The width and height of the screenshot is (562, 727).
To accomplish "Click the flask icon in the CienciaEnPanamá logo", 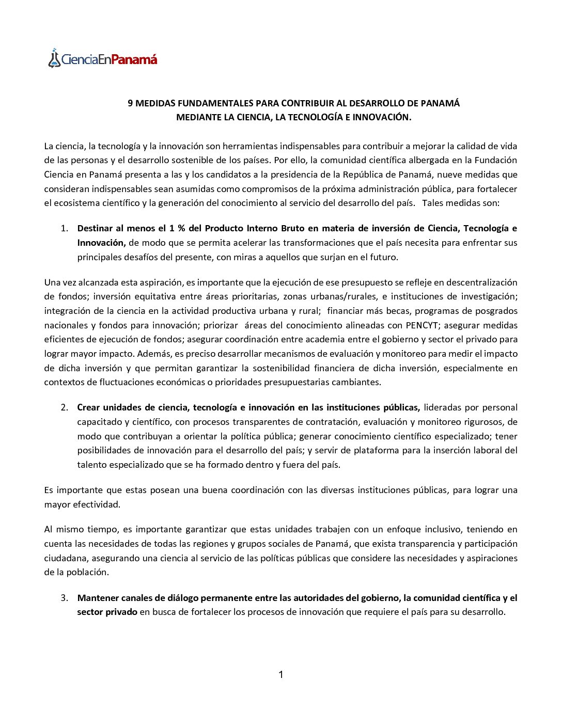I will (x=54, y=58).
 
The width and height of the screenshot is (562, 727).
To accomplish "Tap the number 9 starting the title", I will (x=131, y=103).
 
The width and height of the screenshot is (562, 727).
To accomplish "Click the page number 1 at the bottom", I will (x=280, y=675).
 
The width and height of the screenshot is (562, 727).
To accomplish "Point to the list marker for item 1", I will (x=64, y=228).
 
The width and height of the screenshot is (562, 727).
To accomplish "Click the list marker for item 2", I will (x=64, y=407).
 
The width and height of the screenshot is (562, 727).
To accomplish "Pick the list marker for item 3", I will (x=64, y=598).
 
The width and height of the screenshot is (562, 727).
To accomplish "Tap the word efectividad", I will (x=97, y=504).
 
